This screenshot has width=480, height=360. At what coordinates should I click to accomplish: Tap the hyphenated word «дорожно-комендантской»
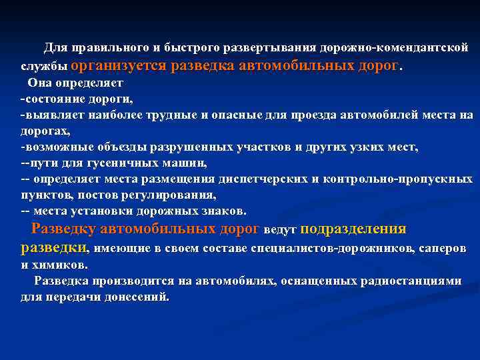tap(394, 49)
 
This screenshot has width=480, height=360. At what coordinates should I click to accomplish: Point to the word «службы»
tap(43, 67)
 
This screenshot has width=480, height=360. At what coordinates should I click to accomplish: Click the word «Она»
tap(39, 83)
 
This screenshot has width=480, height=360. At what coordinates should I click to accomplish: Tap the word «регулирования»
tap(172, 195)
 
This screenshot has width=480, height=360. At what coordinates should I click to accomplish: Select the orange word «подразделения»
tap(353, 229)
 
